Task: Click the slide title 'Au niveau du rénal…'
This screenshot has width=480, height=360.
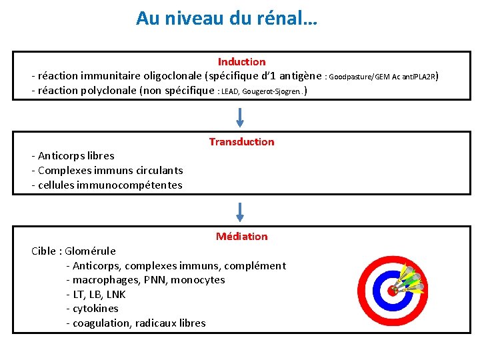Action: tap(227, 18)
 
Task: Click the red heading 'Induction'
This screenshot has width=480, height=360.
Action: tap(241, 61)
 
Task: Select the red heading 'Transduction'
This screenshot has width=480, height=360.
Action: tap(241, 141)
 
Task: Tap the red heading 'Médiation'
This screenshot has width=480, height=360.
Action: tap(241, 236)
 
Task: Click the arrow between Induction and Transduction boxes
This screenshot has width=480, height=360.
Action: tap(241, 116)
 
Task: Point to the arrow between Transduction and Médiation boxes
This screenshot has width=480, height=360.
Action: tap(241, 211)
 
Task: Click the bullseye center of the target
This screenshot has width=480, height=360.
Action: tap(392, 291)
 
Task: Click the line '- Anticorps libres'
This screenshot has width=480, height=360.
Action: tap(73, 155)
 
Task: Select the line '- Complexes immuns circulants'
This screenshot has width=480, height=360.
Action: tap(107, 170)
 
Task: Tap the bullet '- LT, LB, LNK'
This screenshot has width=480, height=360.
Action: tap(96, 294)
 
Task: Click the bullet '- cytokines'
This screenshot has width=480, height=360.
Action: tap(93, 308)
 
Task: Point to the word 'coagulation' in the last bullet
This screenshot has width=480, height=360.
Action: tap(101, 323)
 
